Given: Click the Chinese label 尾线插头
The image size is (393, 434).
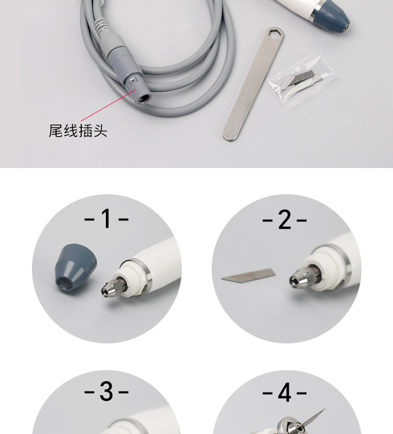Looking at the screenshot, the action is pos(78,131).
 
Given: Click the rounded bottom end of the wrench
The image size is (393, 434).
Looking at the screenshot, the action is pos(231,136).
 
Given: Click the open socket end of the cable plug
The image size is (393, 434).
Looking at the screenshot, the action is pos(144,98).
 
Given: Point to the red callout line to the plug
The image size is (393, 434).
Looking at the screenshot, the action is pos(108,105).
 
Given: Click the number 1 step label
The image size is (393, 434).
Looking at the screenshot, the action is pos(106,218).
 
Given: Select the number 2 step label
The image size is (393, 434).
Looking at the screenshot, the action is pos(285,219).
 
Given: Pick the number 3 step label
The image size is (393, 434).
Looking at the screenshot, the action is pos(106,392).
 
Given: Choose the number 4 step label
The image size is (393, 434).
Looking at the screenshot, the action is pos(285,392).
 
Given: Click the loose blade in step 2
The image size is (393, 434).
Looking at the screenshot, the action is pos(248,276).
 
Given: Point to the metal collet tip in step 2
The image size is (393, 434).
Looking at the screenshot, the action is pos(302,277).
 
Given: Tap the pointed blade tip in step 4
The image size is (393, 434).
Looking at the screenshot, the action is pos(324,409).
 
